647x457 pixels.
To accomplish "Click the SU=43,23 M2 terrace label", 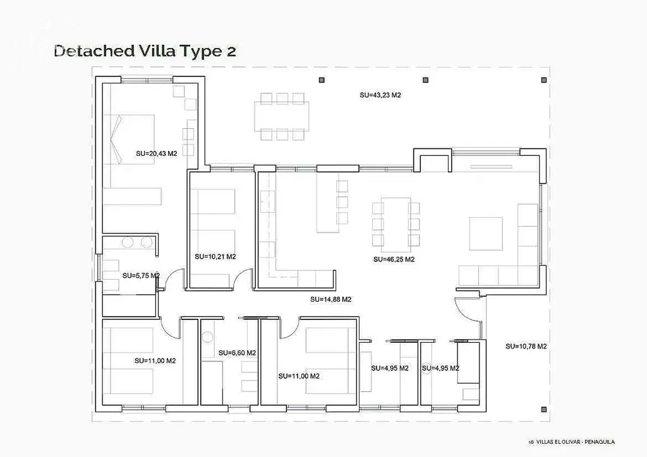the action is click(380, 95).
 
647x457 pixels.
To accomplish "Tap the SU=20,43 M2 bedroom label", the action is click(157, 153).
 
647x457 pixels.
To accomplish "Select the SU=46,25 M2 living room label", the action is click(394, 259).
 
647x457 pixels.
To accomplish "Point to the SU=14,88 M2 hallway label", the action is click(330, 299).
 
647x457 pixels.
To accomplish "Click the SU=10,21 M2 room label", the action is click(215, 256).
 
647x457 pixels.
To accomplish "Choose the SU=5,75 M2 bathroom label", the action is click(141, 276).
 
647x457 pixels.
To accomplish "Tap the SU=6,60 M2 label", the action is click(237, 353).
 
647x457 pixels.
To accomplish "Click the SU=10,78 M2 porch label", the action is click(526, 346).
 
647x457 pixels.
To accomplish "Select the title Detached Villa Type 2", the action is click(145, 50).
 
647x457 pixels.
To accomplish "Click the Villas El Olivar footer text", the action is click(571, 442).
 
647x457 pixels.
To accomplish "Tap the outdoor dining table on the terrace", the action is click(282, 116).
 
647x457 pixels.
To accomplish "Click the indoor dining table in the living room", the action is click(396, 225).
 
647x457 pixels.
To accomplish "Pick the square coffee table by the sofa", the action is click(486, 234).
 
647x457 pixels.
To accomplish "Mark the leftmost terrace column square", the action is click(322, 80).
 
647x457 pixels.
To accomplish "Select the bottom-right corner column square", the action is click(544, 409).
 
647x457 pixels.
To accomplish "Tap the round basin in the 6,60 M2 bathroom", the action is click(207, 337).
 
